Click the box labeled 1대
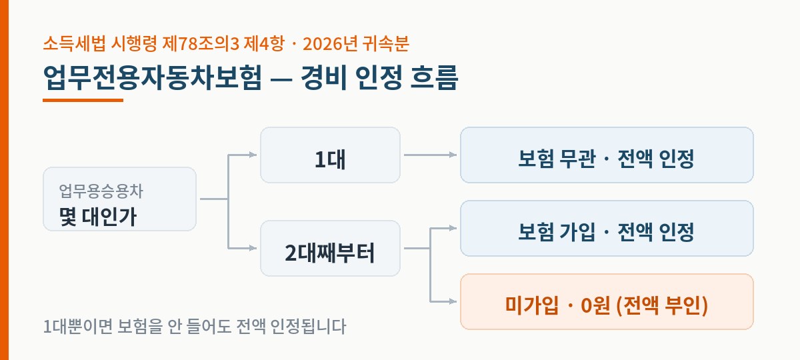point(330,155)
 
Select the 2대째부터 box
point(330,248)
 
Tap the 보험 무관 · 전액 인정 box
point(607,155)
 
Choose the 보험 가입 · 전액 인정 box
point(607,228)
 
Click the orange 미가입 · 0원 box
point(607,302)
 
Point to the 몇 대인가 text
point(98,217)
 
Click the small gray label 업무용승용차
point(101,191)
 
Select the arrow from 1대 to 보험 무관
point(431,155)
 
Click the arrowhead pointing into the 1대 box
point(253,155)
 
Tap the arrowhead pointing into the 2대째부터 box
point(253,248)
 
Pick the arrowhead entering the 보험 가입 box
point(453,228)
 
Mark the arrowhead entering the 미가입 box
point(453,302)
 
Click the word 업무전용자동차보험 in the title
point(153,77)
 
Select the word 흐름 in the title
point(434,77)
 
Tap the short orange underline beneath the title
point(83,101)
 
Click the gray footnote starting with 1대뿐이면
point(195,327)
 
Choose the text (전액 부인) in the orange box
point(662,305)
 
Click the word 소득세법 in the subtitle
point(74,44)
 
